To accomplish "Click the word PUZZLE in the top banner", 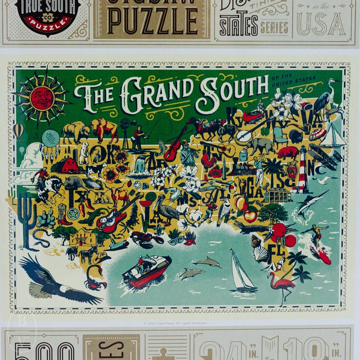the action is click(153, 20).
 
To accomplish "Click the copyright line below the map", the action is click(175, 323).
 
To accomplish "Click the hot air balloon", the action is click(18, 130).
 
